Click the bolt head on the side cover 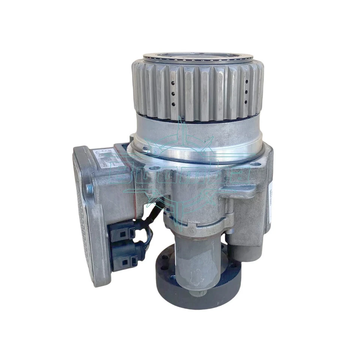pos(89,188)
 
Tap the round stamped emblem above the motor pos(192,229)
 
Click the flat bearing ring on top pos(199,57)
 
